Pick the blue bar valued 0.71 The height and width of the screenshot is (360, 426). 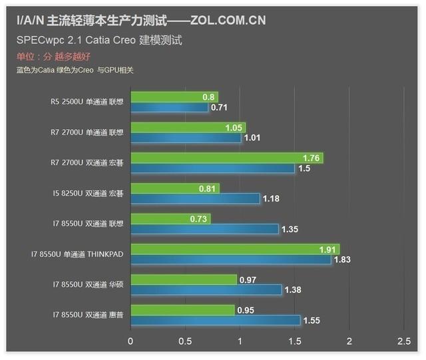(169, 107)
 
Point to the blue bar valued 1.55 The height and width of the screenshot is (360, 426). (215, 321)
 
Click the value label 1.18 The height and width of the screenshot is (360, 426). (272, 199)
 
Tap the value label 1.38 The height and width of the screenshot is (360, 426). (294, 291)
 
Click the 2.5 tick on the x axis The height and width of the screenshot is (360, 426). (403, 341)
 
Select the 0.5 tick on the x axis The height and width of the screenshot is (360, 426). (185, 341)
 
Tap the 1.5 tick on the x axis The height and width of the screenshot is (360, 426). (294, 341)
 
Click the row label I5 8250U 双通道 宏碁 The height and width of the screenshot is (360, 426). (87, 193)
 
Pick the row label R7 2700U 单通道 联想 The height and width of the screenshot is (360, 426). (87, 132)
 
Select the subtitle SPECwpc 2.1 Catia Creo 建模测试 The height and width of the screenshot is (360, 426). (99, 40)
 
